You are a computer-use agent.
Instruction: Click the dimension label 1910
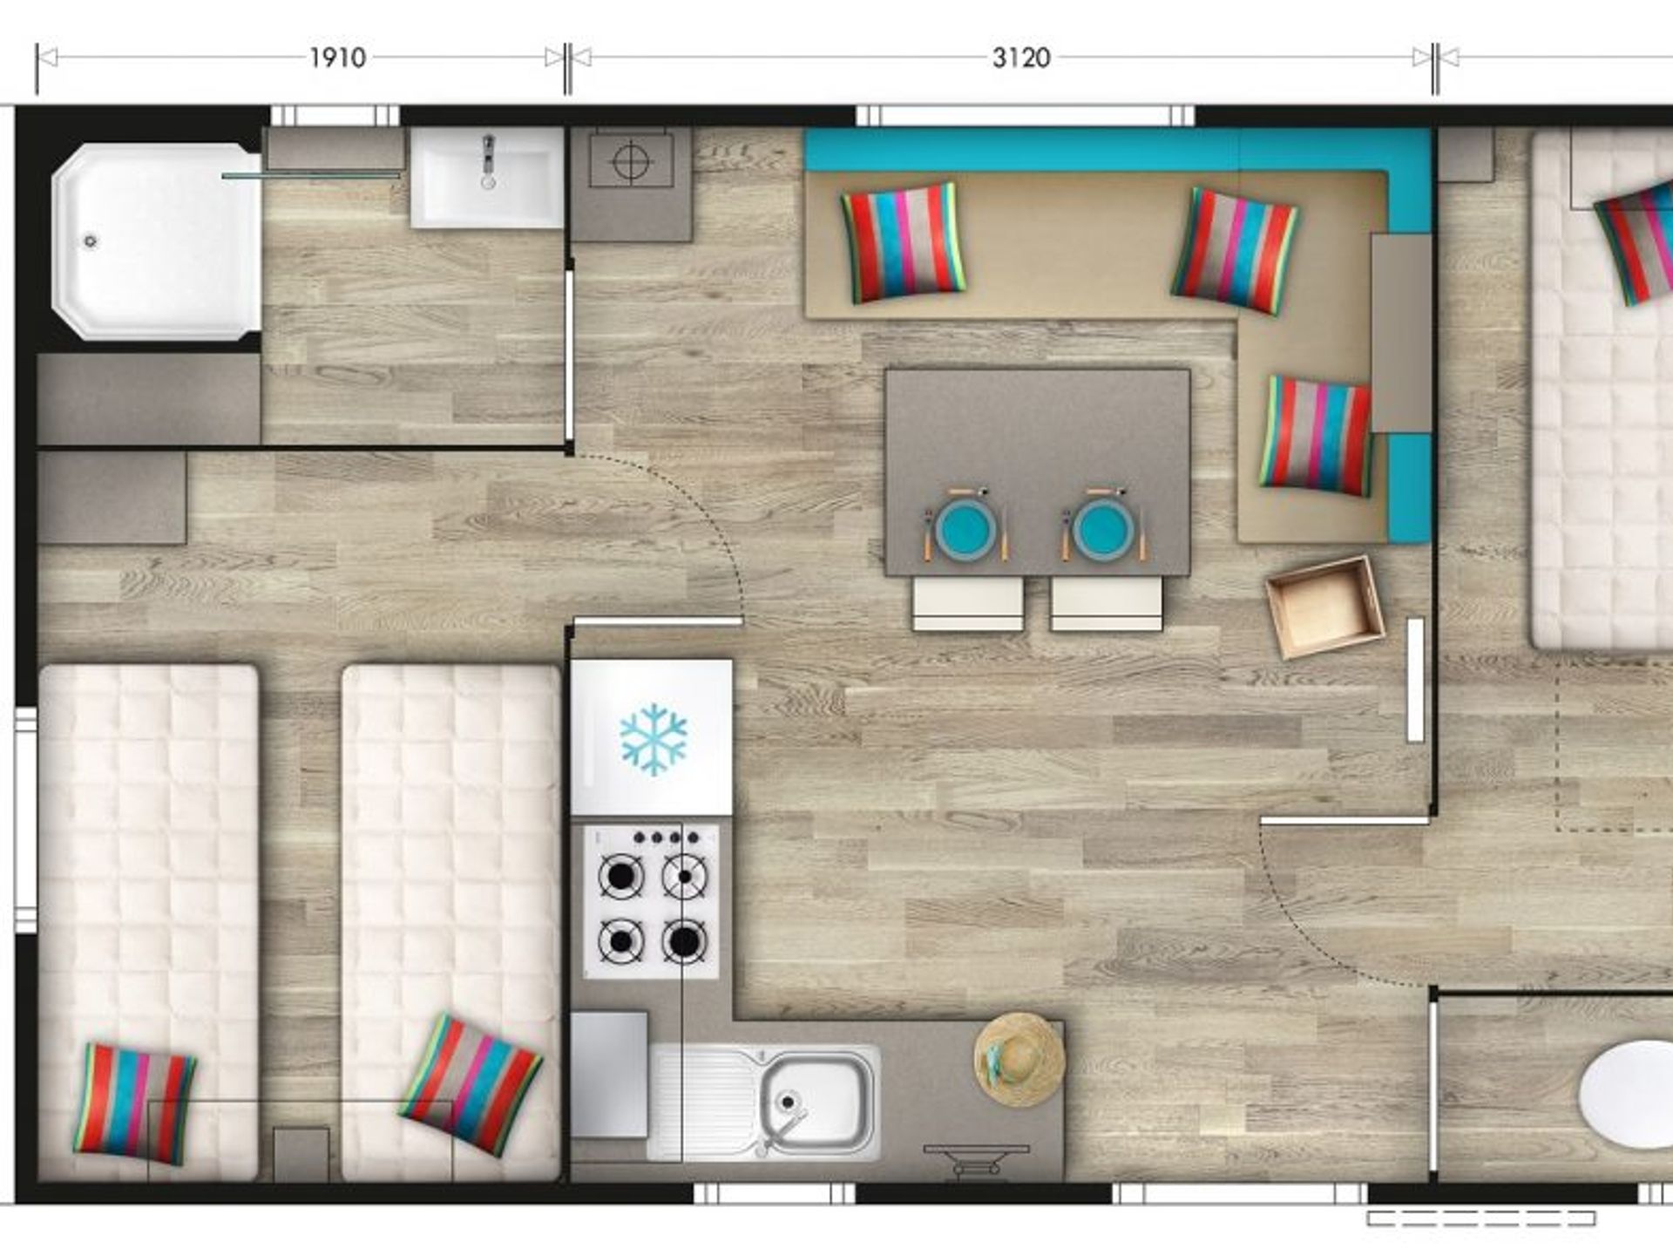[337, 58]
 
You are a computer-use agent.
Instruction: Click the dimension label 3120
[1021, 58]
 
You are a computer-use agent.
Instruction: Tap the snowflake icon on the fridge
[653, 740]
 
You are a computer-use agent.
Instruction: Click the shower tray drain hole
[91, 241]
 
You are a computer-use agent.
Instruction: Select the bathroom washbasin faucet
[488, 160]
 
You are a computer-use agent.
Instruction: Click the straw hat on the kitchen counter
[1019, 1059]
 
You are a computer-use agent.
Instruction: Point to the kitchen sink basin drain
[788, 1102]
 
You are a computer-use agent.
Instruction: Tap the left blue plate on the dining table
[965, 528]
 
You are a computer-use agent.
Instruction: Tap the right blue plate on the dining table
[1103, 528]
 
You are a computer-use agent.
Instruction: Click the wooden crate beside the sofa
[1324, 607]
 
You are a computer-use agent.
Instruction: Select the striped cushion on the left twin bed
[134, 1103]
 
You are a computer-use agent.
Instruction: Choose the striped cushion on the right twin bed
[471, 1085]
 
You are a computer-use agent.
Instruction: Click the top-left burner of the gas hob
[620, 876]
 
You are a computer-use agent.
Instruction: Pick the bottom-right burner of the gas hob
[684, 941]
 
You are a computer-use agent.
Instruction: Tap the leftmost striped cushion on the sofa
[903, 242]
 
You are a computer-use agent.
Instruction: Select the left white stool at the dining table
[967, 603]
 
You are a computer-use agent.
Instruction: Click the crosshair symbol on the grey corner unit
[632, 161]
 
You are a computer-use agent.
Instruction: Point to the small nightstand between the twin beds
[301, 1155]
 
